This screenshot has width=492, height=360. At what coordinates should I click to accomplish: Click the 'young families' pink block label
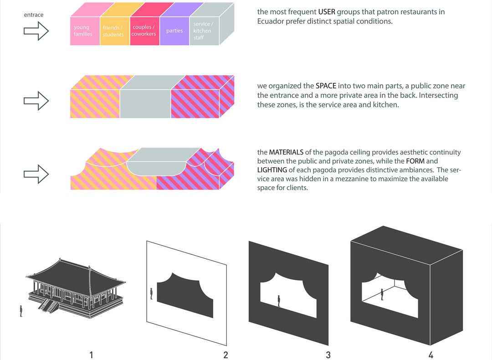click(x=83, y=31)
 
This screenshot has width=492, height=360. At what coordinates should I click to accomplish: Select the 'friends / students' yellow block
click(x=115, y=31)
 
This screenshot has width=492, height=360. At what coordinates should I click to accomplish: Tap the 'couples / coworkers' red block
click(x=145, y=31)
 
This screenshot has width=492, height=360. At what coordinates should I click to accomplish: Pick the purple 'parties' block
click(x=174, y=31)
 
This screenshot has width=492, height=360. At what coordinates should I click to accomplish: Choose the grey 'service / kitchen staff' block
click(x=204, y=31)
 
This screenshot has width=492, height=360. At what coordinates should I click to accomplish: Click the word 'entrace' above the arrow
click(x=34, y=15)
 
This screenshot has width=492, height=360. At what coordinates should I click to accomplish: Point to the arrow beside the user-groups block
click(x=36, y=31)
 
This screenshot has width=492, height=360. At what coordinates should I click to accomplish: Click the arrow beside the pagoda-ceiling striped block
click(x=36, y=174)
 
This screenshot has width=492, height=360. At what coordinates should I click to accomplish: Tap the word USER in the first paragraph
click(x=327, y=12)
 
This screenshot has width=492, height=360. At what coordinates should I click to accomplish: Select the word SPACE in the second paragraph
click(x=326, y=86)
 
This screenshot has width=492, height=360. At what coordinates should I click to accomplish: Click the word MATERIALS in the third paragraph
click(x=286, y=152)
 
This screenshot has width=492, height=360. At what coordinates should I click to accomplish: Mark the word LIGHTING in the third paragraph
click(x=272, y=170)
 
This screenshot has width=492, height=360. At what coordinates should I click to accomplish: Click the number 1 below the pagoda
click(x=91, y=355)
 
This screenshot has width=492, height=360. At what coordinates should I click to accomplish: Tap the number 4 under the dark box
click(x=431, y=355)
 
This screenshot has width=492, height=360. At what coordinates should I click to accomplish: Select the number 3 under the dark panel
click(x=328, y=355)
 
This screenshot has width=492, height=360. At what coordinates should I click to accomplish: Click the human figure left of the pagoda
click(x=21, y=311)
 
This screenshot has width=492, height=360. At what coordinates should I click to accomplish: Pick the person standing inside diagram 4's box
click(x=382, y=295)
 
